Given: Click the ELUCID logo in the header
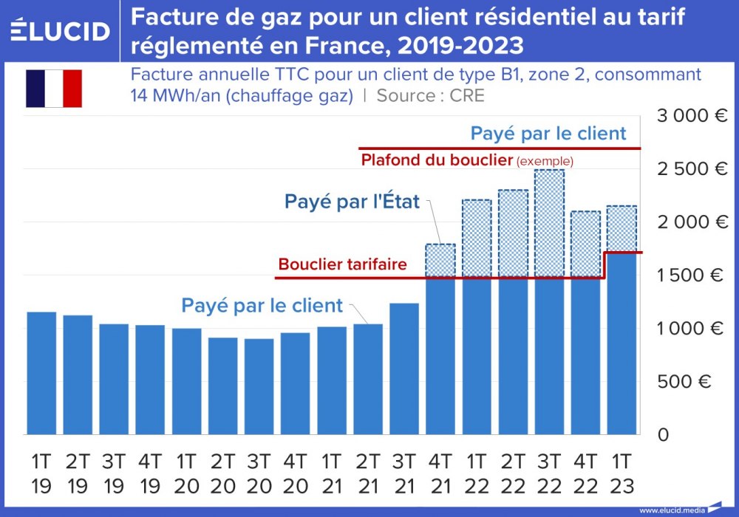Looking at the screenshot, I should (x=60, y=31).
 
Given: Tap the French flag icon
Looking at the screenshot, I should (x=54, y=89).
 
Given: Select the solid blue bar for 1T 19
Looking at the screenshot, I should (x=41, y=373).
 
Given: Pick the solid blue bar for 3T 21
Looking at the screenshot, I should (x=404, y=369).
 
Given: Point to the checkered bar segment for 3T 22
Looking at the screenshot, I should (x=549, y=223).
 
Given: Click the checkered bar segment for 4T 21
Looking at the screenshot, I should (x=440, y=261).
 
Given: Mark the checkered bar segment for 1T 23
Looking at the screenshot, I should (x=621, y=229).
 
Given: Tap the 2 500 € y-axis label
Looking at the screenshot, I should (x=692, y=169).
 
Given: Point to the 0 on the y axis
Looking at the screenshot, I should (x=663, y=434).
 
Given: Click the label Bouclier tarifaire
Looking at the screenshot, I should (x=342, y=264).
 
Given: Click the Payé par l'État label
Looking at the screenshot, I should (x=352, y=201).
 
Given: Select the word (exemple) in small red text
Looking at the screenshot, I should (x=545, y=161).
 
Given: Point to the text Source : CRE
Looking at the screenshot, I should (x=431, y=95).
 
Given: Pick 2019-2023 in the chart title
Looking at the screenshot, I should (x=460, y=46).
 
